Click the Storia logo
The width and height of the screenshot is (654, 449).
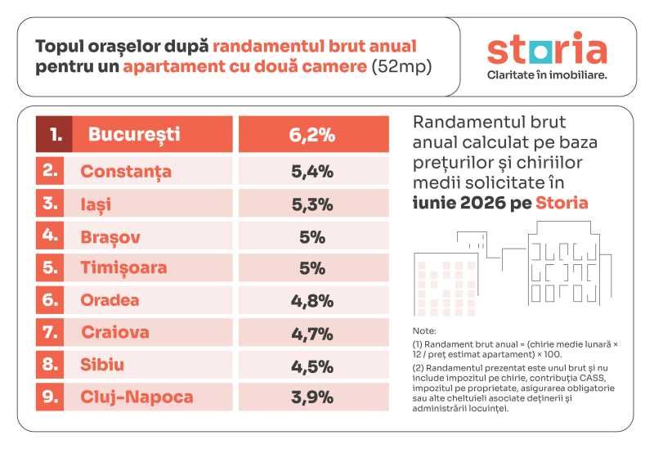tap(547, 48)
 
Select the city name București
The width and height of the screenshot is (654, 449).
tap(134, 134)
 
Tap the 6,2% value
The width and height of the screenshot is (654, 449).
tap(312, 135)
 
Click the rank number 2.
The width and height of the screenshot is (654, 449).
tap(50, 170)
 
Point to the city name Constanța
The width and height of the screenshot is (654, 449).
tap(126, 172)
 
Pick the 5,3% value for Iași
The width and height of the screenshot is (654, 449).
tap(312, 204)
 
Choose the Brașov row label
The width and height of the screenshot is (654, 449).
tap(110, 237)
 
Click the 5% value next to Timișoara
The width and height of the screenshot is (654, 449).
tap(312, 268)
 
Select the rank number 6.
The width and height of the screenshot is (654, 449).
tap(50, 299)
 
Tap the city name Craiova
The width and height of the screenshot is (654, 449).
tap(115, 332)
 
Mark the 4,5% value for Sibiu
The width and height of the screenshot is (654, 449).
tap(312, 366)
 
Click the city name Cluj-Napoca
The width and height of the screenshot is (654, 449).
tap(137, 397)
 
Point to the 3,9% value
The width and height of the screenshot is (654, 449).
tap(312, 397)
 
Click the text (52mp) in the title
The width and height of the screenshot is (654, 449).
tap(401, 66)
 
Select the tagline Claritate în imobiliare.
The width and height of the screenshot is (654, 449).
tap(547, 75)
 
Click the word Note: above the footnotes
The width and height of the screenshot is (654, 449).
tap(424, 331)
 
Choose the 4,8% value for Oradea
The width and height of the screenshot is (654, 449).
tap(312, 301)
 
